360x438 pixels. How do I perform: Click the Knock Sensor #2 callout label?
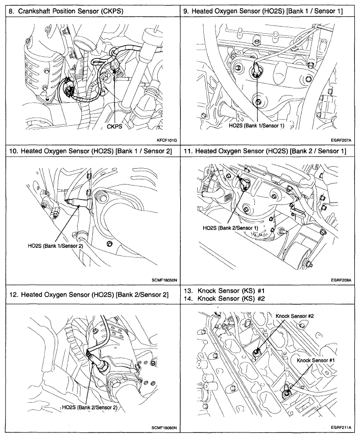(x=294, y=316)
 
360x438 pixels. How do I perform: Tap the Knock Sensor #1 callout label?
(x=315, y=361)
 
